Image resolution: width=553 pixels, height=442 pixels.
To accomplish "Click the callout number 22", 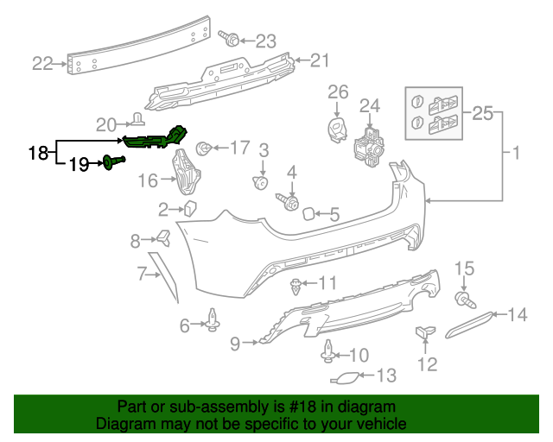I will [x=42, y=62].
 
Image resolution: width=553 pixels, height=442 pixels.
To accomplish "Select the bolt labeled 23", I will [x=232, y=40].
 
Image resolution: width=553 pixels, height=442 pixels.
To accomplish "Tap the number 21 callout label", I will [x=321, y=60].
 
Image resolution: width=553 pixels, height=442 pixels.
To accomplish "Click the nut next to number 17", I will [x=205, y=148].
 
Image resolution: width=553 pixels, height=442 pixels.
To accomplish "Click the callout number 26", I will [x=337, y=92].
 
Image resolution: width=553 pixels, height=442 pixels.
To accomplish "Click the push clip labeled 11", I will [x=298, y=284].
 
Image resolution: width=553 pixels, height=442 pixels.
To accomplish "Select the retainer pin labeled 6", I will [x=212, y=323].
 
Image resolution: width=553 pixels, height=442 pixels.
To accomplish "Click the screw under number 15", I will [x=463, y=299].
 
